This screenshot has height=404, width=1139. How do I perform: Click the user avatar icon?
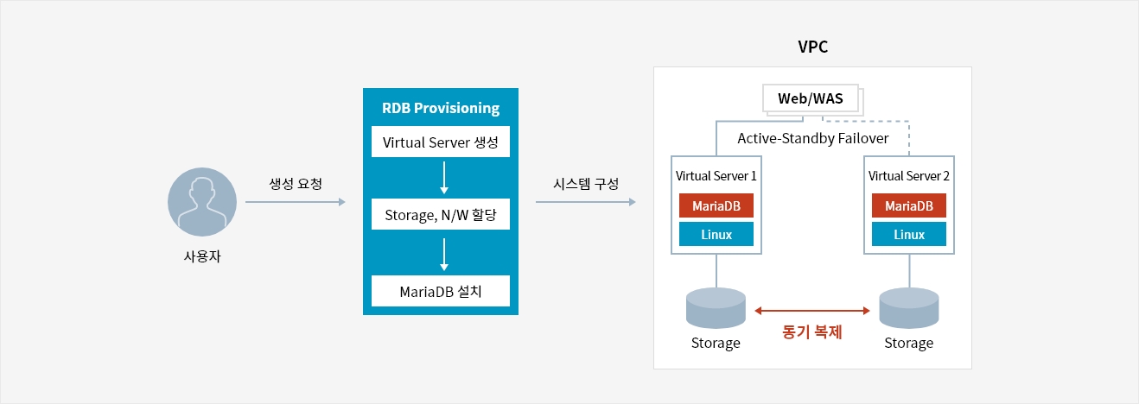click(201, 203)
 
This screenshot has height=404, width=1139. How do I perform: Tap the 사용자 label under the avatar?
click(201, 257)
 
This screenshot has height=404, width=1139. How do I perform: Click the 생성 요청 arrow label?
click(296, 184)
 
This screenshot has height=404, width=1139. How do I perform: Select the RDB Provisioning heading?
click(441, 109)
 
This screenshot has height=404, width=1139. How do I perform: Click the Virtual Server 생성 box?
click(441, 142)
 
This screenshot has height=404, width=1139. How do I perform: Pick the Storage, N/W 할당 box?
click(441, 216)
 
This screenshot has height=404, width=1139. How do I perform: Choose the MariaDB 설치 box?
click(441, 291)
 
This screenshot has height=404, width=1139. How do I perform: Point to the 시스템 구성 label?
click(585, 184)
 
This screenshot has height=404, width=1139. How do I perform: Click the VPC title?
click(812, 47)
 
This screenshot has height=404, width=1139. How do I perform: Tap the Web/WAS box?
click(810, 98)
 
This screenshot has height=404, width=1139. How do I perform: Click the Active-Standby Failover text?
click(812, 138)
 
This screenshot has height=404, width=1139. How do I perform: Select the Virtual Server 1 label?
click(716, 175)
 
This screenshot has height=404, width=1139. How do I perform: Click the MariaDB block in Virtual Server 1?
click(716, 205)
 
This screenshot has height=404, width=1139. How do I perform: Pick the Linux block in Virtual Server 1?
click(716, 234)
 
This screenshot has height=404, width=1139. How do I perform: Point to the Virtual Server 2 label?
click(909, 175)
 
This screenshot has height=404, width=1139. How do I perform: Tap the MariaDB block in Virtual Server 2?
click(909, 205)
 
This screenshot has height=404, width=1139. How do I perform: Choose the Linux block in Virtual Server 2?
click(909, 234)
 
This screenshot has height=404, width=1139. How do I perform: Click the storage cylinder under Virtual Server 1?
click(716, 308)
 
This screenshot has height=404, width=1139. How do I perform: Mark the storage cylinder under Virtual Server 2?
click(908, 308)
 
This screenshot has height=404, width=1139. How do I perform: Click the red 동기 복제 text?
click(811, 331)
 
